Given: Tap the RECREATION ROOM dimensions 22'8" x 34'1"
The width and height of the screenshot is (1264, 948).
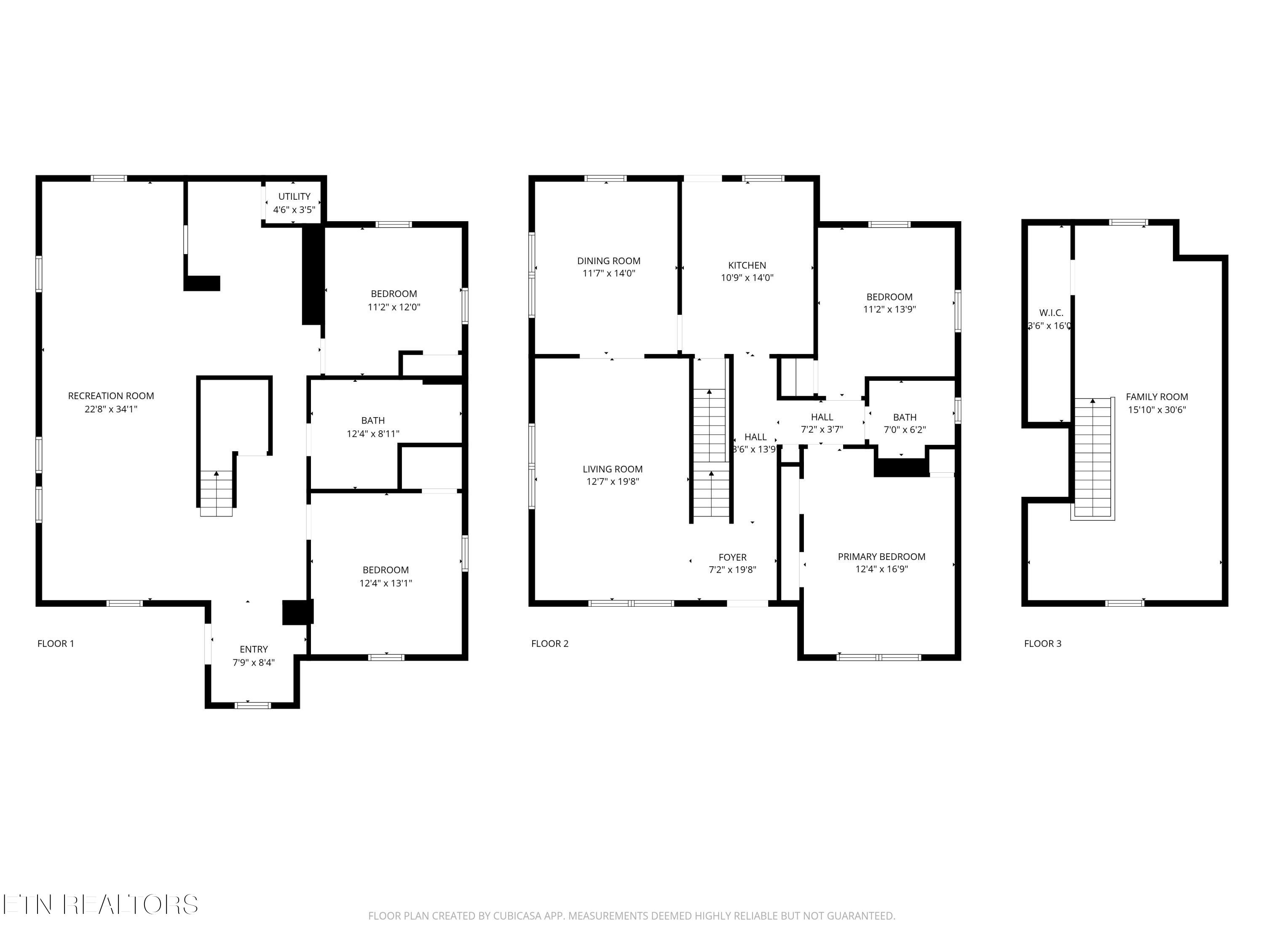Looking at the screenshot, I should (111, 409).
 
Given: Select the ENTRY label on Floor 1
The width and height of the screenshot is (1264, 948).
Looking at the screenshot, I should (254, 650).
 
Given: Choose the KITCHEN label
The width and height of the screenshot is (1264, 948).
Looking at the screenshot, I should (747, 265).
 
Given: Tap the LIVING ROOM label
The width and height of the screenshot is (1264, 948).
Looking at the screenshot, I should (613, 469).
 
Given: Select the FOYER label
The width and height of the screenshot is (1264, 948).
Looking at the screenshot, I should (733, 557).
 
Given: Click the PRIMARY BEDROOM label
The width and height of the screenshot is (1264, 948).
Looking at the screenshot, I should (881, 557).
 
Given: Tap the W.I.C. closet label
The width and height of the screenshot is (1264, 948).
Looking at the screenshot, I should (1051, 313).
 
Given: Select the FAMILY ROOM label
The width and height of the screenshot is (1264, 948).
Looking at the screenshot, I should (1157, 396).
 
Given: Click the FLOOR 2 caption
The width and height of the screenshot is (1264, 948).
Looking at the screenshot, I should (550, 644).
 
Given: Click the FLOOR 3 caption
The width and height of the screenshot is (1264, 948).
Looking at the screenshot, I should (1042, 644).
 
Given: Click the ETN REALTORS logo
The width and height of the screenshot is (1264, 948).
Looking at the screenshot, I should (100, 905).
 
